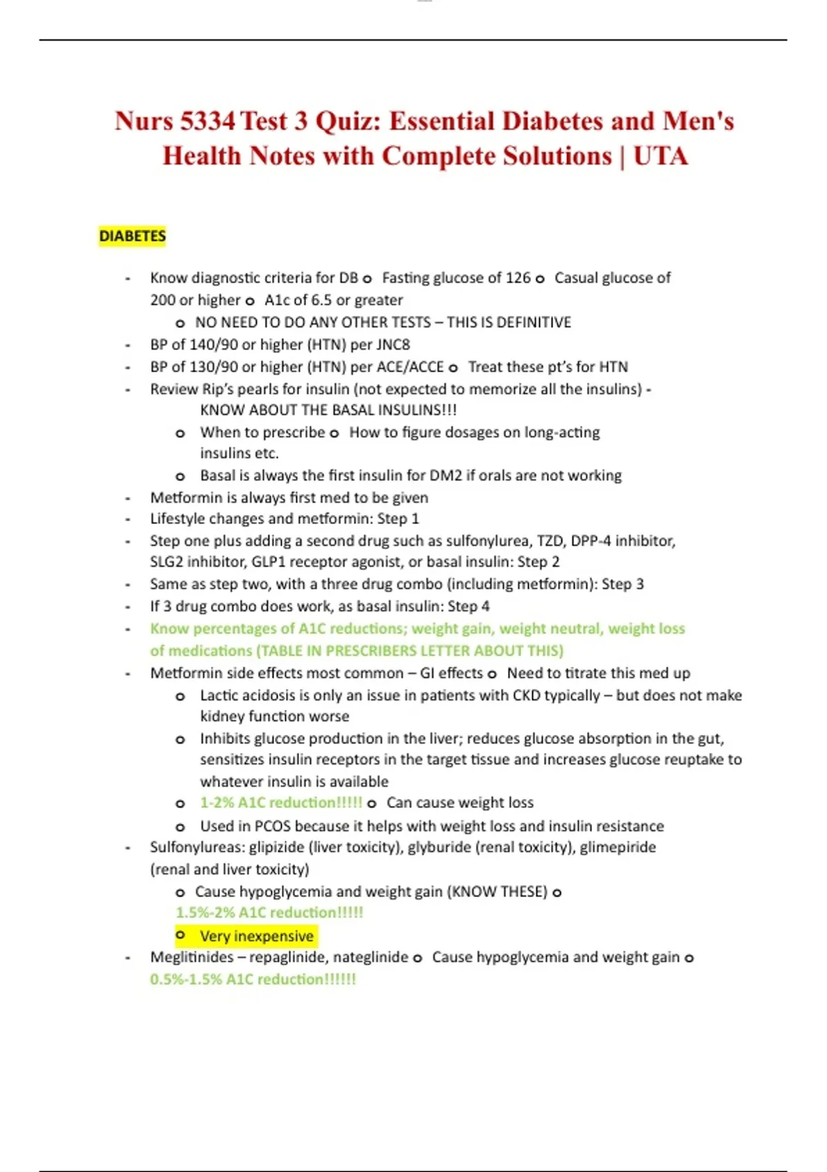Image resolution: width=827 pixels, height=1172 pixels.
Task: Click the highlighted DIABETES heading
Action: click(x=132, y=236)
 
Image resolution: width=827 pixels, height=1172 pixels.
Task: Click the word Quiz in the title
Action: click(x=347, y=121)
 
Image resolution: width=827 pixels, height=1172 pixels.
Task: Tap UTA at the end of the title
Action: click(x=660, y=156)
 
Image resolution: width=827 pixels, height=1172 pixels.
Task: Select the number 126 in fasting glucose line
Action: click(x=518, y=278)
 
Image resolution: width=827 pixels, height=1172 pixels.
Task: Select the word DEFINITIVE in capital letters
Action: click(x=533, y=322)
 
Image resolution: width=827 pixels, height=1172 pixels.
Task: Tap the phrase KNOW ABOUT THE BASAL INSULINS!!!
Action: click(x=328, y=410)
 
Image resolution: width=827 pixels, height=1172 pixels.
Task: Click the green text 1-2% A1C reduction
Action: click(x=280, y=802)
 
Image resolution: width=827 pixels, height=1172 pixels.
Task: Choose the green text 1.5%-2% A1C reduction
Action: click(x=269, y=913)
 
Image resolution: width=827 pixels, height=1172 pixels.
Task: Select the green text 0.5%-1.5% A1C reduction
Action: click(x=253, y=979)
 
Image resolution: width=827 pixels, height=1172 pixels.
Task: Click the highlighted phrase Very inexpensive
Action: click(x=256, y=936)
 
